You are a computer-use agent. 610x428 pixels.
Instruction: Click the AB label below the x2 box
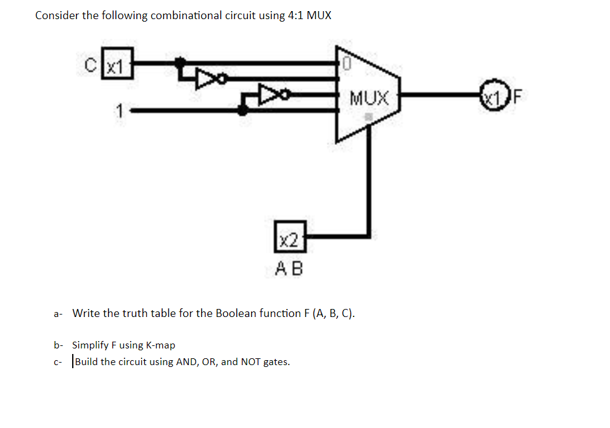pos(289,268)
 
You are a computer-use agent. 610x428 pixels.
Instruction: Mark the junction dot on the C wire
pos(179,62)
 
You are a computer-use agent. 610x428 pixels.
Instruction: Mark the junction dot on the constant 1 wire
pos(243,110)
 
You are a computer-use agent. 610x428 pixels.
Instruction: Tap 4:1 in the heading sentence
pos(295,15)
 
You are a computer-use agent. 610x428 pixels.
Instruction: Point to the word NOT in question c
pos(250,361)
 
